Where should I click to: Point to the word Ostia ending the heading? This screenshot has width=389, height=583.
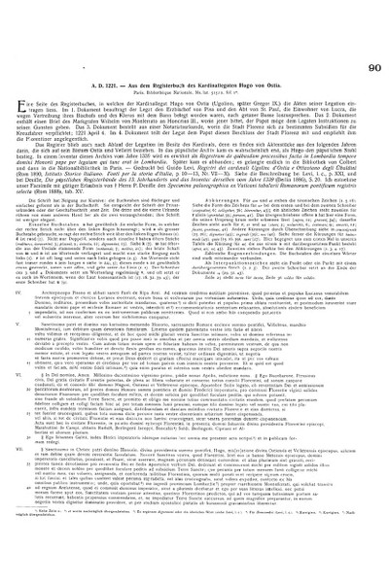(292, 31)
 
